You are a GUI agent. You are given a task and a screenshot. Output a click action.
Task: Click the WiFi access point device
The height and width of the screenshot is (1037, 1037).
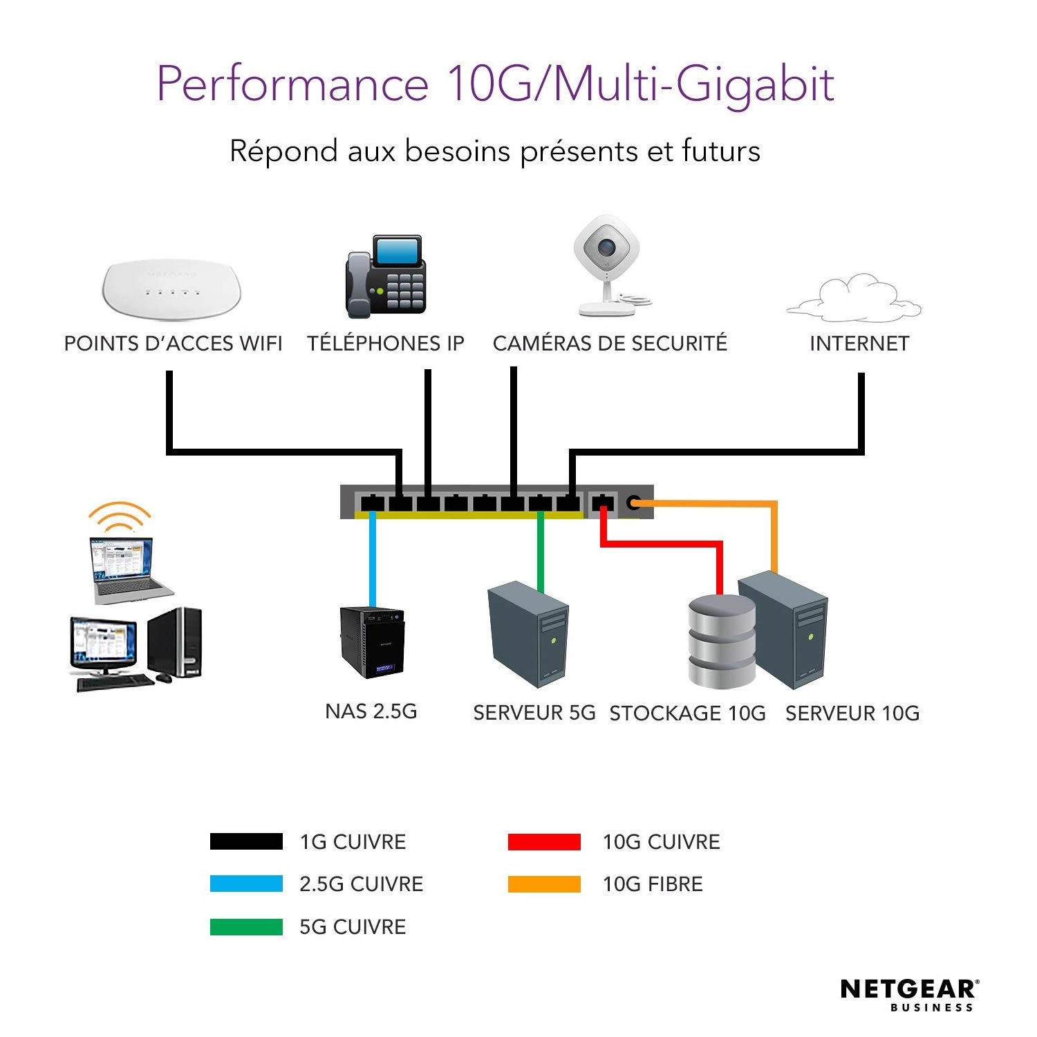tap(171, 288)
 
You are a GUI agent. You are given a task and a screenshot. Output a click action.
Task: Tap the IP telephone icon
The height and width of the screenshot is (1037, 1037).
tap(386, 277)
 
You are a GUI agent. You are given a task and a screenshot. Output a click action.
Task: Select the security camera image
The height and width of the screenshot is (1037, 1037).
tap(607, 266)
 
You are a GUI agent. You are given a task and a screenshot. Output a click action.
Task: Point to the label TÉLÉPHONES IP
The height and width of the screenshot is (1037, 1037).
tap(386, 344)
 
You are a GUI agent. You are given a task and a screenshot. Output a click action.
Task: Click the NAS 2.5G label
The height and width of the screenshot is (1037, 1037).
tap(371, 711)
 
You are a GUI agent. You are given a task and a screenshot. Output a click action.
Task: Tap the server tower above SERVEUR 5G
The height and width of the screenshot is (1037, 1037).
tap(528, 633)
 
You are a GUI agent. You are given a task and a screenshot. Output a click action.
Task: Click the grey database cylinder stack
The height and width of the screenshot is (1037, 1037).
tap(721, 642)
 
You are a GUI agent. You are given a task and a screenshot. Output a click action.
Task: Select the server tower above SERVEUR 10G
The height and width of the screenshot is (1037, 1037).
tap(784, 629)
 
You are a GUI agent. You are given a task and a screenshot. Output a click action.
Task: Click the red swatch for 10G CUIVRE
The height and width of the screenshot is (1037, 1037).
tap(544, 841)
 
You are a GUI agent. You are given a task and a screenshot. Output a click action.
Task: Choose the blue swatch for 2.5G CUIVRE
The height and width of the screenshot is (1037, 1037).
tap(246, 884)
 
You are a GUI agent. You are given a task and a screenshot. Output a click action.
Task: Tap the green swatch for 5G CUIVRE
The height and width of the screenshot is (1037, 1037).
tap(246, 926)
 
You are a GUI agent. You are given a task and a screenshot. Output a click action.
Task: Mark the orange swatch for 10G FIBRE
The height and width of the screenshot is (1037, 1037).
tap(544, 884)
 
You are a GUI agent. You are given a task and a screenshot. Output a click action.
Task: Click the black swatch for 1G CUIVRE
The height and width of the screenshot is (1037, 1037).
tap(246, 841)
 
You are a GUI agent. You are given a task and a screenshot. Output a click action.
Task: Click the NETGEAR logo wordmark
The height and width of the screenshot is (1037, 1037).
tap(908, 989)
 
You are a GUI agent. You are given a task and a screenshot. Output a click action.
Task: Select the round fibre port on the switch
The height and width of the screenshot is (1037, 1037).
tap(633, 503)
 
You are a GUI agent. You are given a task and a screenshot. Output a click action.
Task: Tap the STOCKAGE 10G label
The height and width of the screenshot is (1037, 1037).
tap(687, 713)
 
